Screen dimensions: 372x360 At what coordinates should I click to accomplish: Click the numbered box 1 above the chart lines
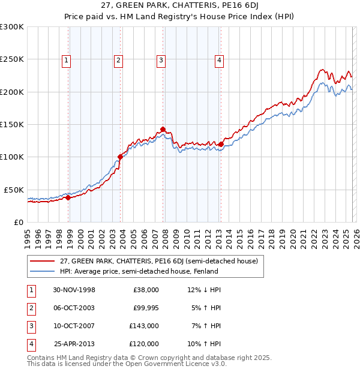(x=65, y=59)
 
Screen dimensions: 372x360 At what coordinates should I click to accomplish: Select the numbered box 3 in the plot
(x=161, y=59)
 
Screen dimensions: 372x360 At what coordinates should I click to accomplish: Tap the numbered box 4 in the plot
(x=220, y=59)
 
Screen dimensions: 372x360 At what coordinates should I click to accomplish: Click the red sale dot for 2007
(x=163, y=129)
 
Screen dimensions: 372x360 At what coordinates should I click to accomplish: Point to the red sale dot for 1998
(x=68, y=197)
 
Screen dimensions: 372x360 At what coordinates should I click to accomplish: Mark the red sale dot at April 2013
(x=221, y=144)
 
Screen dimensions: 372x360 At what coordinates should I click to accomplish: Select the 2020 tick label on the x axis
(x=292, y=236)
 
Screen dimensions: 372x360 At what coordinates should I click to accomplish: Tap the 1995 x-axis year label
(x=27, y=236)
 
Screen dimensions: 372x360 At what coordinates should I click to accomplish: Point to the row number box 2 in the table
(x=29, y=308)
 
